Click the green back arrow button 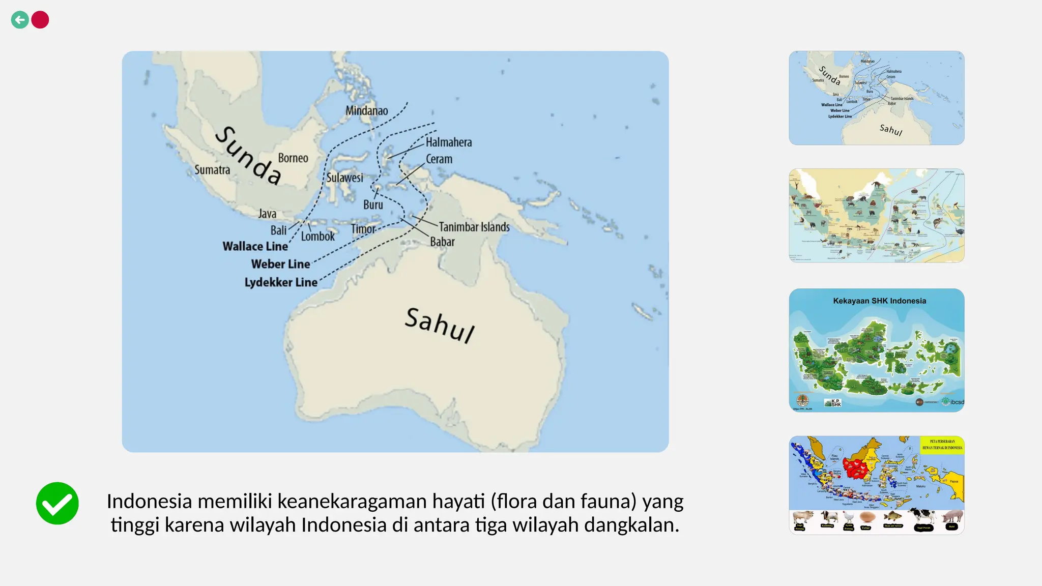point(20,20)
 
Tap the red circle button point(40,20)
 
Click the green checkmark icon point(57,503)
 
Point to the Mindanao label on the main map point(366,110)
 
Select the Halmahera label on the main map point(448,142)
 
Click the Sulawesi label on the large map point(344,178)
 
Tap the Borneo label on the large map point(293,158)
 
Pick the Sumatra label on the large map point(212,169)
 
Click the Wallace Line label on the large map point(255,246)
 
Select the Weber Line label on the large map point(280,264)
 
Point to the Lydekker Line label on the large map point(281,282)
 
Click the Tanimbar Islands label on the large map point(474,227)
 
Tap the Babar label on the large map point(442,242)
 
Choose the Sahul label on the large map point(440,325)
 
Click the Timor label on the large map point(363,229)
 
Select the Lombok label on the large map point(317,237)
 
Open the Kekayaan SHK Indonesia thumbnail point(876,350)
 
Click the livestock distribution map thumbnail point(876,485)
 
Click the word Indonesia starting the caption point(149,502)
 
